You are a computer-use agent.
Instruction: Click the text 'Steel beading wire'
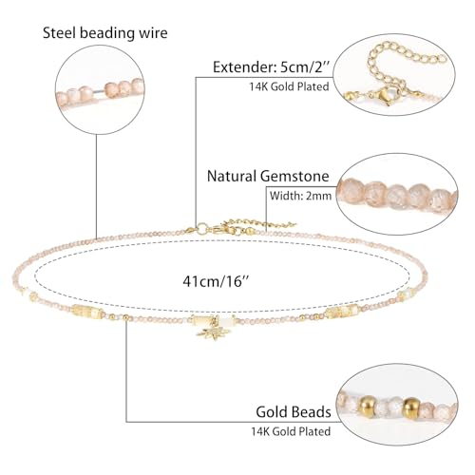pos(105,33)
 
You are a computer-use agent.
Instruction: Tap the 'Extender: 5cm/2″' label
pos(272,67)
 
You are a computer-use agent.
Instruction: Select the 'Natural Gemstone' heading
pos(268,176)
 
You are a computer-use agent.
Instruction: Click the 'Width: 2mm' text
pos(300,196)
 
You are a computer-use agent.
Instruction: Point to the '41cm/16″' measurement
pos(216,281)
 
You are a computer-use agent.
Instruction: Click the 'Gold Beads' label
pos(294,411)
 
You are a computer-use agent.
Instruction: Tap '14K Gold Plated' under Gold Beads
pos(291,431)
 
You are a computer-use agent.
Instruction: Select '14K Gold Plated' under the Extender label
pos(289,86)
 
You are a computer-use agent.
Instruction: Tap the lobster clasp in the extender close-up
pos(384,96)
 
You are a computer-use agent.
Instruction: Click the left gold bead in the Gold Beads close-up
pos(368,407)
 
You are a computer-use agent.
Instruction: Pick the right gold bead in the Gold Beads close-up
pos(410,408)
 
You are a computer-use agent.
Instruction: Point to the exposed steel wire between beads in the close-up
pos(99,91)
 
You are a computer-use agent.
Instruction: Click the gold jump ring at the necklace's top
pos(201,228)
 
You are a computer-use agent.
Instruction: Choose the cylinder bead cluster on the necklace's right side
pos(343,311)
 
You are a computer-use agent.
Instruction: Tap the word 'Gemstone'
pos(294,176)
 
